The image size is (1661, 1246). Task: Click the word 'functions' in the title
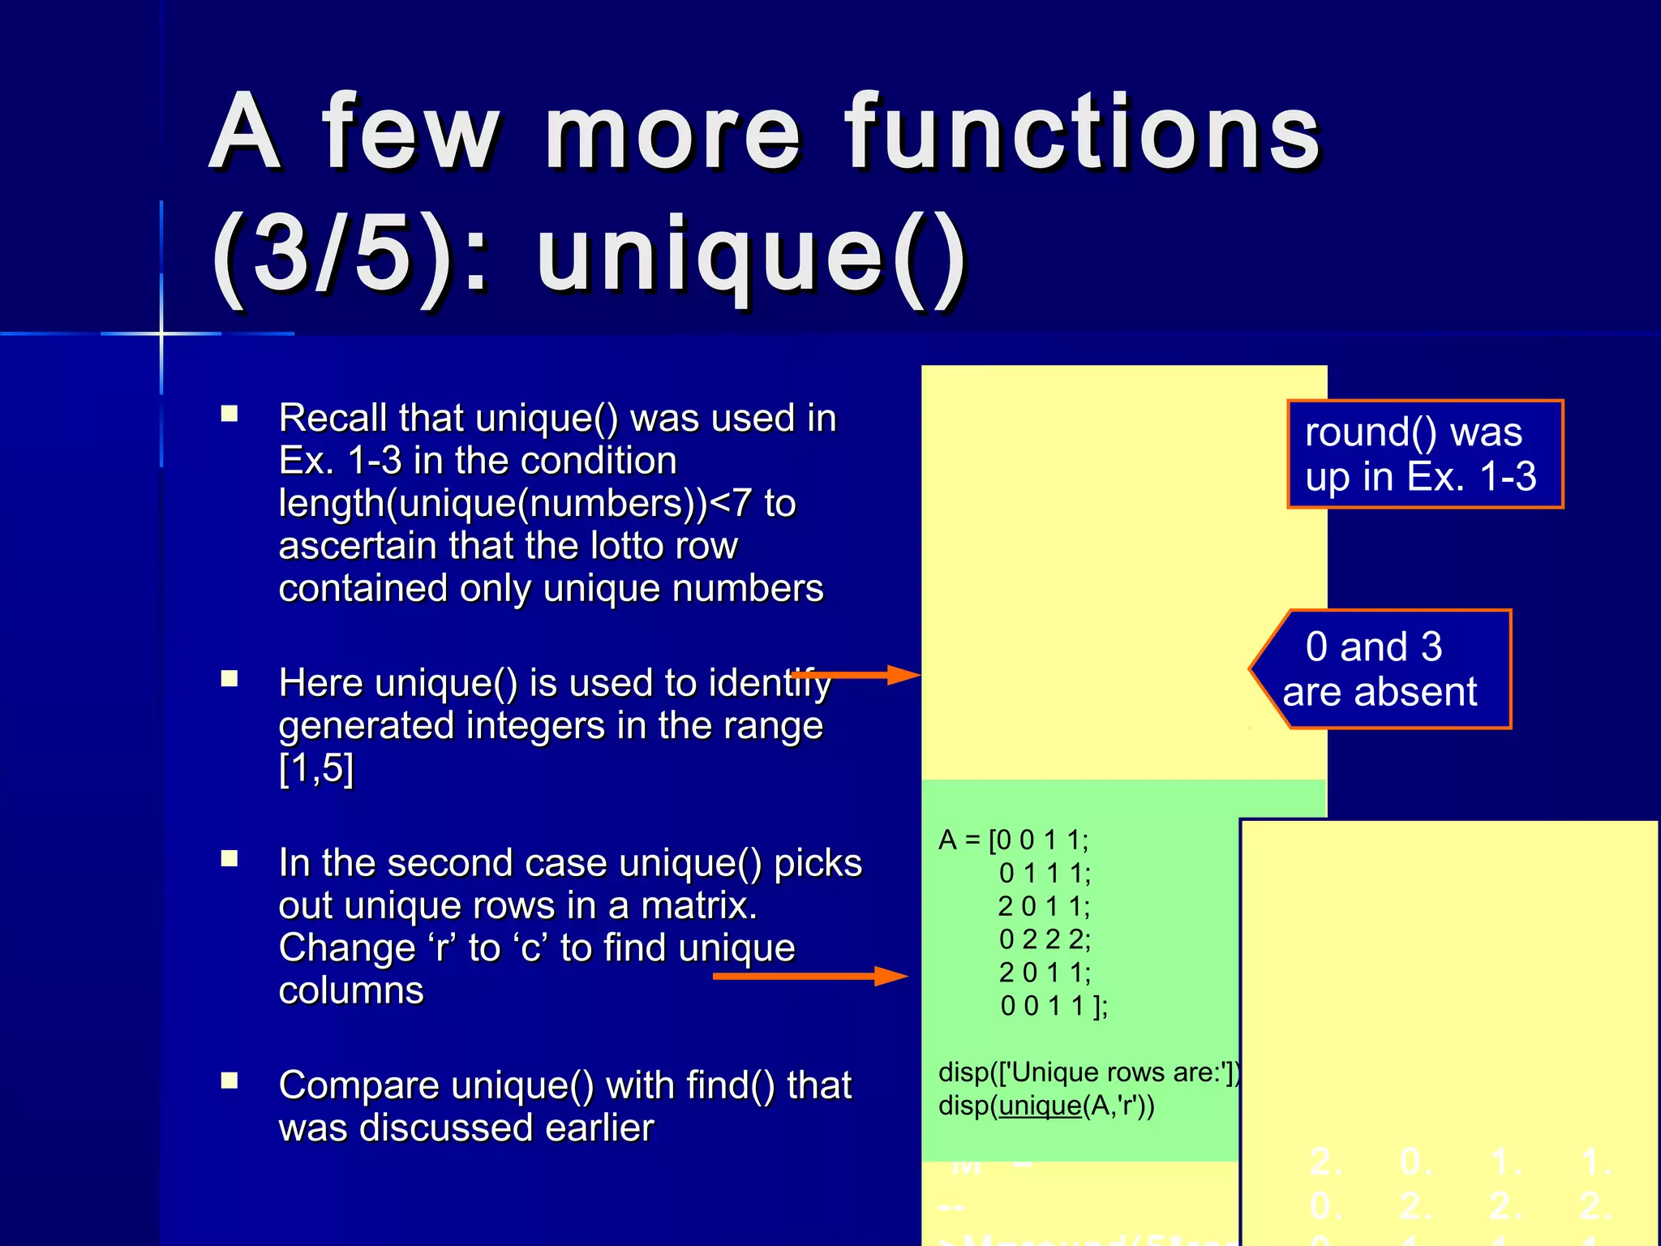pyautogui.click(x=1084, y=131)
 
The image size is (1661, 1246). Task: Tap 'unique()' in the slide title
pyautogui.click(x=752, y=258)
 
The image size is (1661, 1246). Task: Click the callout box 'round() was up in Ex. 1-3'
pyautogui.click(x=1424, y=454)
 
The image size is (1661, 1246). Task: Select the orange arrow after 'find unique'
pyautogui.click(x=811, y=975)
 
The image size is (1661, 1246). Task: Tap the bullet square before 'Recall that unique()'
pyautogui.click(x=230, y=415)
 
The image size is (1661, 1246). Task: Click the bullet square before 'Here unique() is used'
pyautogui.click(x=230, y=678)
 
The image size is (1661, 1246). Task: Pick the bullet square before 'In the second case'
pyautogui.click(x=230, y=858)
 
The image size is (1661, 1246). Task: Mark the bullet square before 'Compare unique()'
pyautogui.click(x=230, y=1081)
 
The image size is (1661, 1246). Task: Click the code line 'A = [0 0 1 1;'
pyautogui.click(x=1014, y=840)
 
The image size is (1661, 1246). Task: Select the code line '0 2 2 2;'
pyautogui.click(x=1045, y=939)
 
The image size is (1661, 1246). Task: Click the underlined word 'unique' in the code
pyautogui.click(x=1041, y=1106)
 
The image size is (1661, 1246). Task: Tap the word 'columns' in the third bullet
pyautogui.click(x=351, y=990)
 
